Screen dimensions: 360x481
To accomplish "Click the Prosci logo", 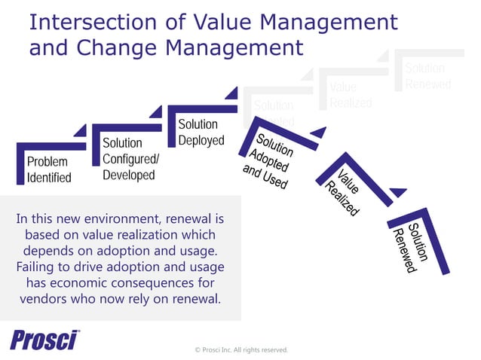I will pos(44,340).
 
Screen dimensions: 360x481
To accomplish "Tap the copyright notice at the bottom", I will pos(241,350).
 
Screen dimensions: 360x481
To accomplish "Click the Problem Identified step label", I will pos(49,169).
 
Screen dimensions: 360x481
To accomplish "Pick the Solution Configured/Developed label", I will pos(129,159).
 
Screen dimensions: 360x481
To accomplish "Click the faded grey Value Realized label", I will pos(351,96).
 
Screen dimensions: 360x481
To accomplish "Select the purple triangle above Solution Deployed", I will pos(231,93).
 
